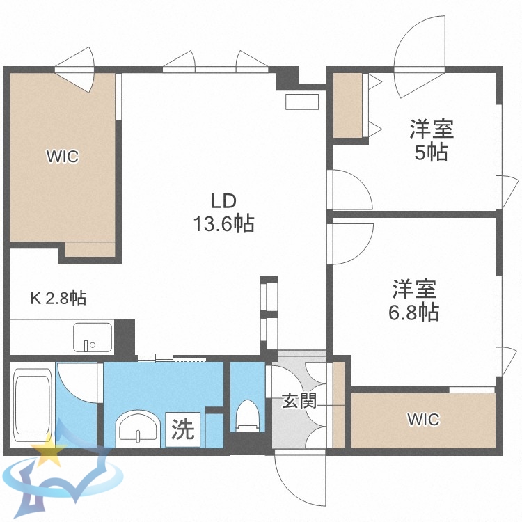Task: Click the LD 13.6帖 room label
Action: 223,212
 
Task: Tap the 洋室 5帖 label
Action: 431,140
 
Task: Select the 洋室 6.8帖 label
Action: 415,300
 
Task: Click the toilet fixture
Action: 246,416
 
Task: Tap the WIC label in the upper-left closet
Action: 63,157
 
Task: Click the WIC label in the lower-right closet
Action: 423,420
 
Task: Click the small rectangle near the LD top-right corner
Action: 301,102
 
